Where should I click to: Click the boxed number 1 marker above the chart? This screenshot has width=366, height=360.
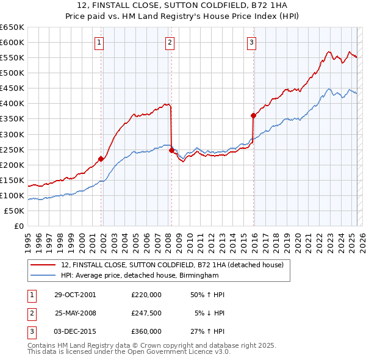[x=99, y=42]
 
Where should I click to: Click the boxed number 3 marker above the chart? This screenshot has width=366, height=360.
[x=251, y=42]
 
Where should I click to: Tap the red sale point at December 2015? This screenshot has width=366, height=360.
[x=253, y=115]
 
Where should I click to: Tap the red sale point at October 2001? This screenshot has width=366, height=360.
[x=101, y=158]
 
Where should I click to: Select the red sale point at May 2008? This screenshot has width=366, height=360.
[x=171, y=149]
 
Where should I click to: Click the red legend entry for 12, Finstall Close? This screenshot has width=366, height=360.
[x=172, y=265]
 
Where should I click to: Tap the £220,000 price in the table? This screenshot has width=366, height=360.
[x=146, y=294]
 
